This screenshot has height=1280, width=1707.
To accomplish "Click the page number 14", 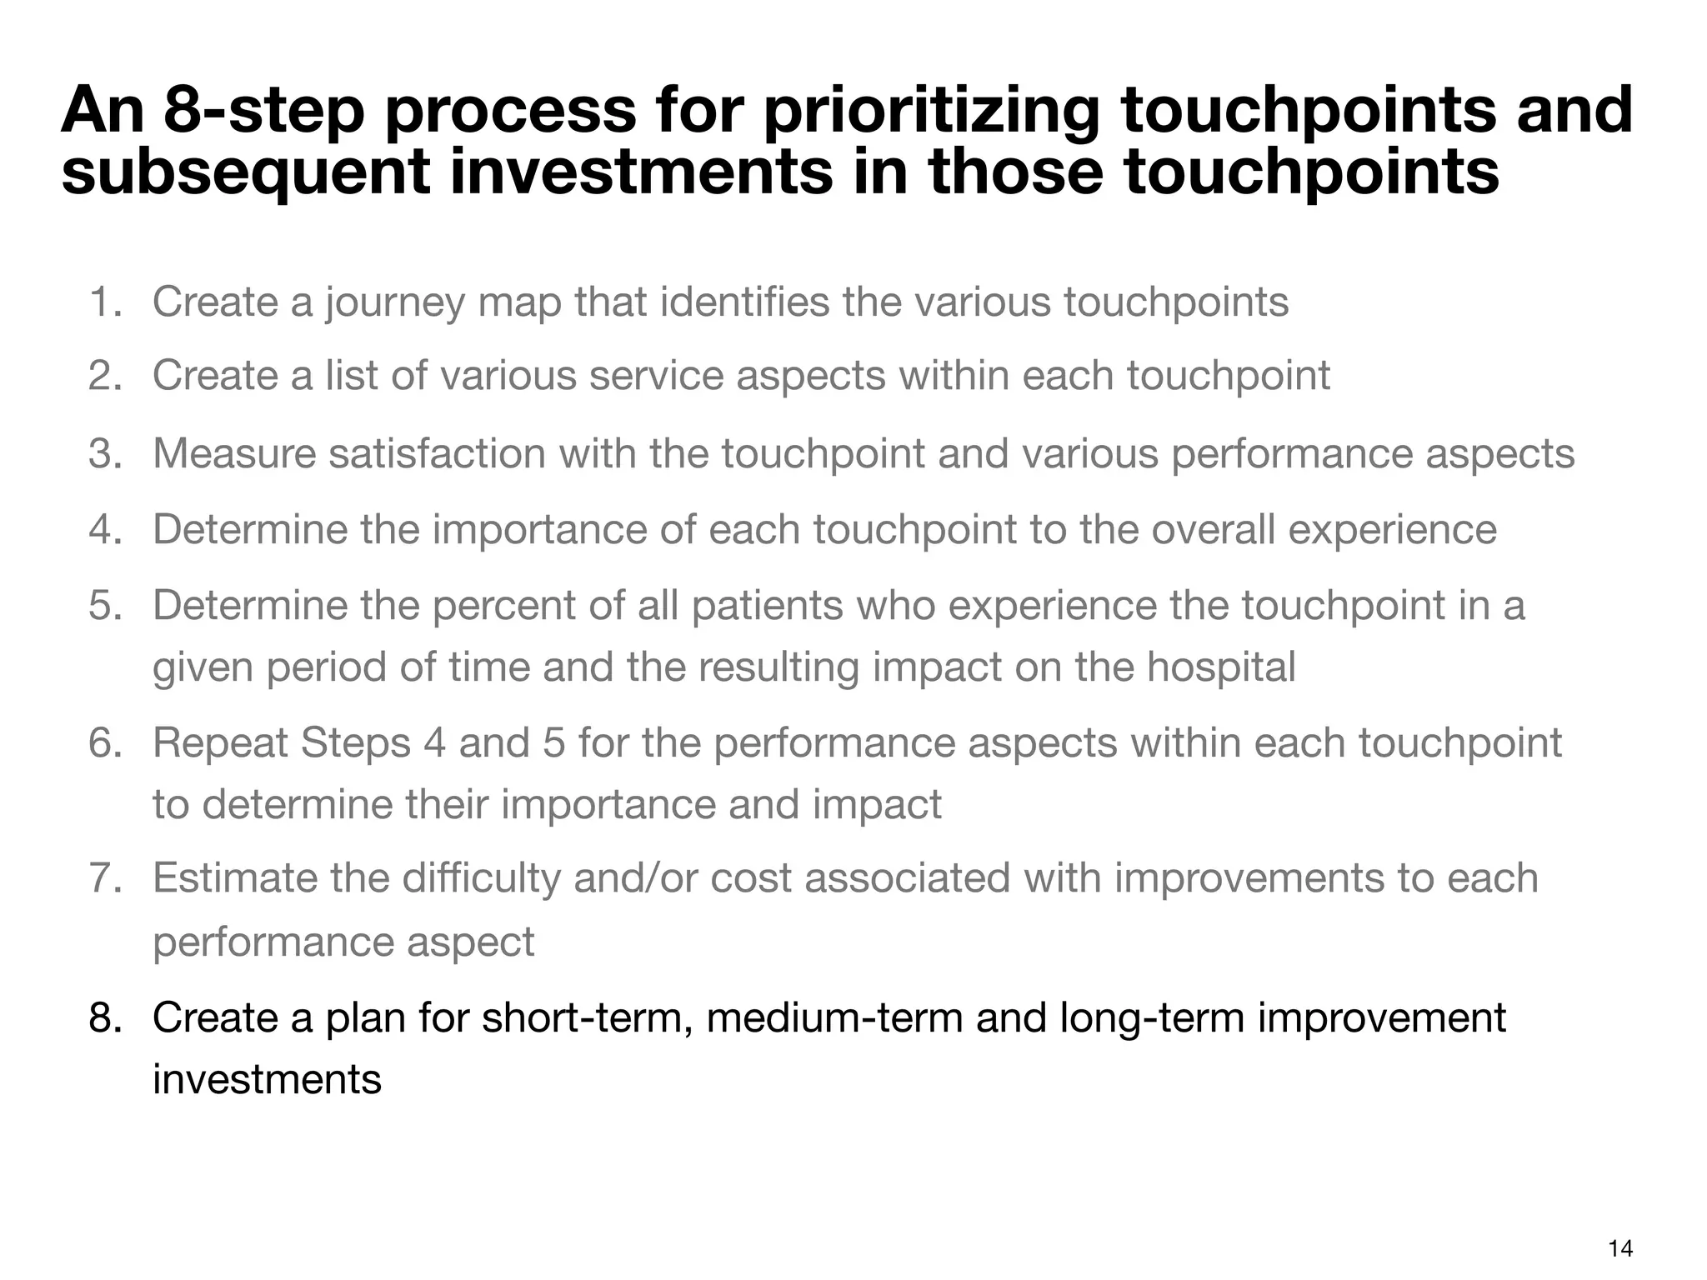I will (x=1621, y=1248).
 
